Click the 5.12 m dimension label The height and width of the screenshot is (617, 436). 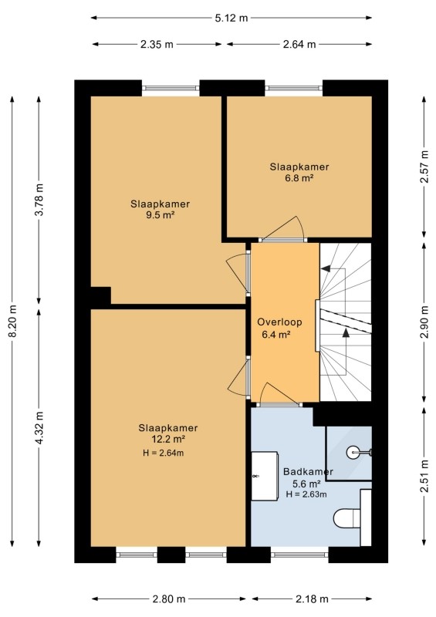(x=232, y=18)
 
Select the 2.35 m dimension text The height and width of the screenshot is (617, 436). (x=157, y=44)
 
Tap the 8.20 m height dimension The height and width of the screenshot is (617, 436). (x=12, y=321)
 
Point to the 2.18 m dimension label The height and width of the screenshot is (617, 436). (x=312, y=599)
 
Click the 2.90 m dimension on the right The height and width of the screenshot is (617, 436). (x=424, y=322)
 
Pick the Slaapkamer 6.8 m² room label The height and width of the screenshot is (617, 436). (x=299, y=172)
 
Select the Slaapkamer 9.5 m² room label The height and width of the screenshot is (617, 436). (x=161, y=209)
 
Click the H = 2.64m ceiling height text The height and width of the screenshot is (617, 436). (x=163, y=453)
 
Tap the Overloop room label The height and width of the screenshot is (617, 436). (x=279, y=322)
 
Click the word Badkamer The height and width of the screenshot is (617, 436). (x=308, y=471)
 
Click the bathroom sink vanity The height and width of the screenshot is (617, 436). (x=265, y=476)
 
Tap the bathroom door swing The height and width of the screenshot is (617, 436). (x=279, y=394)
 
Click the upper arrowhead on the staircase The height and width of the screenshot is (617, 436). (x=326, y=268)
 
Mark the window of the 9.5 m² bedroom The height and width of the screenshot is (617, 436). (x=171, y=88)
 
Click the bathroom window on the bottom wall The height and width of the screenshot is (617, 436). (x=299, y=555)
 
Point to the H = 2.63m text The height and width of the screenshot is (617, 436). (x=306, y=494)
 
